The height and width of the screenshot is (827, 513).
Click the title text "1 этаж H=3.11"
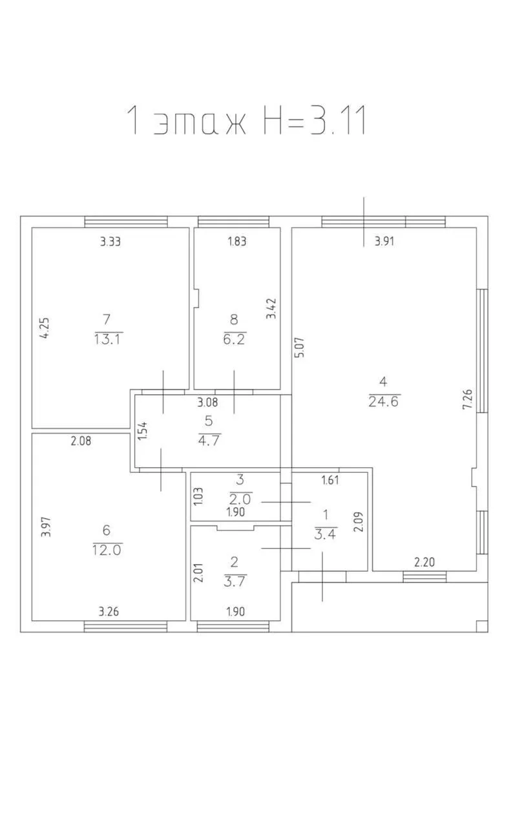247,120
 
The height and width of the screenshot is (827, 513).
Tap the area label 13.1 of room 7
107,339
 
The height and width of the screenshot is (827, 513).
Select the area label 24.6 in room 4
384,401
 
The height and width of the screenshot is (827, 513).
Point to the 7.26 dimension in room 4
467,399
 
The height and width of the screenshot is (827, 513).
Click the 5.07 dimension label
300,347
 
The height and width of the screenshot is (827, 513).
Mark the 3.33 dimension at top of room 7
110,242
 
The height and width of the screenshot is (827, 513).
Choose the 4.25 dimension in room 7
45,328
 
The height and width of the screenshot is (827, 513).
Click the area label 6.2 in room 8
234,339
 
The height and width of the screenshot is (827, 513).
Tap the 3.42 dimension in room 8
271,309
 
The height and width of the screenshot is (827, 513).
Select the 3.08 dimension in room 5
207,402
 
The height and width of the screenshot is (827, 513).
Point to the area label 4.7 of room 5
209,441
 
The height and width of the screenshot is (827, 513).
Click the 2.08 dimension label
81,441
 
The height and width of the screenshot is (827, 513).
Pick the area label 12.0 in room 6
107,550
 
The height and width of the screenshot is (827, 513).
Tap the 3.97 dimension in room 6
46,527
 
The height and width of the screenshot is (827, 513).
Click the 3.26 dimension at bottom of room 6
109,612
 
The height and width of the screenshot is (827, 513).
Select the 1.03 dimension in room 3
198,497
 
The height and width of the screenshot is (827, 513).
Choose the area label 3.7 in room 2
235,581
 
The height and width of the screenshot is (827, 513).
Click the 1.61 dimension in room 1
330,480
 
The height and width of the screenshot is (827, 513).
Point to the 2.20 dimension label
424,562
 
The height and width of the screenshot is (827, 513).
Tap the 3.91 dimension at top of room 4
384,242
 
